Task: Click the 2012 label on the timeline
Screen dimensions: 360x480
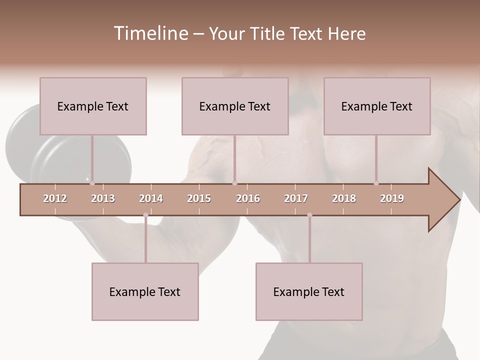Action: (x=55, y=198)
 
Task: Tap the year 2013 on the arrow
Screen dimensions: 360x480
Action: (x=103, y=198)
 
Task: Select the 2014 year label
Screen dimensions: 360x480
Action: (x=151, y=198)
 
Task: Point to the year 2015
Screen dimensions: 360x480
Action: (x=199, y=198)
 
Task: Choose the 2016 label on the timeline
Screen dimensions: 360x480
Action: (x=248, y=198)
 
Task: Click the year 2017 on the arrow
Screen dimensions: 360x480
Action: (x=296, y=198)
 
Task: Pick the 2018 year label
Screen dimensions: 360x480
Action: (x=344, y=198)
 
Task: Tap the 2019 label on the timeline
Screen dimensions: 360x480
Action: (x=392, y=198)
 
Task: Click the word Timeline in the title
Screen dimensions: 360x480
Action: (x=150, y=33)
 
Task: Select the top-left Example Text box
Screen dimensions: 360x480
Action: (x=93, y=106)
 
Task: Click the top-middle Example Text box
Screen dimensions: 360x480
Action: (x=235, y=106)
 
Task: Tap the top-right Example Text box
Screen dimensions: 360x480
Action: (x=377, y=106)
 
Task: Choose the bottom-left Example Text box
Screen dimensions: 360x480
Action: (x=145, y=291)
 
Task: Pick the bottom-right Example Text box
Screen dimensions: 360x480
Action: (x=309, y=291)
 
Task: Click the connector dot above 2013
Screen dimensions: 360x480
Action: (x=92, y=183)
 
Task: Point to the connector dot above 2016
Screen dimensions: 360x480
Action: (x=234, y=183)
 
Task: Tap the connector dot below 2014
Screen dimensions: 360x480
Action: (x=145, y=215)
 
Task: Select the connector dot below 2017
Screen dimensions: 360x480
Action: (x=309, y=215)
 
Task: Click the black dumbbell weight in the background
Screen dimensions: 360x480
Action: (x=30, y=145)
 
